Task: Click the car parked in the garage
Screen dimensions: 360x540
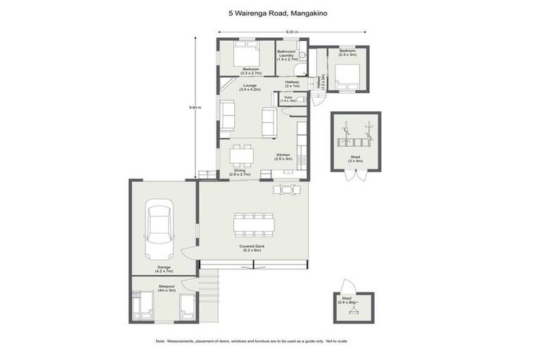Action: [159, 230]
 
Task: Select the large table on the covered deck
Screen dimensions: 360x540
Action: [254, 224]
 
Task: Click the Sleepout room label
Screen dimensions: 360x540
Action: [166, 288]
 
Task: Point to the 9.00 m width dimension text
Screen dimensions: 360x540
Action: [291, 32]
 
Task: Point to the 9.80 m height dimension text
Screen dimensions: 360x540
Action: [195, 108]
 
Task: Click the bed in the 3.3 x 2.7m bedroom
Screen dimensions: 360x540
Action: [246, 54]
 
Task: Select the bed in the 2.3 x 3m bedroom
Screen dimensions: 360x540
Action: [348, 74]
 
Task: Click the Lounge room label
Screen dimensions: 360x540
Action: [250, 86]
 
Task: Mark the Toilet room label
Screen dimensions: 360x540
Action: [288, 99]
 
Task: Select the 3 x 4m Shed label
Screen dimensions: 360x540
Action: [356, 158]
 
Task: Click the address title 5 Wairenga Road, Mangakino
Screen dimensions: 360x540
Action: [270, 12]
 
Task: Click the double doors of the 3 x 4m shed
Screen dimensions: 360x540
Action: [356, 174]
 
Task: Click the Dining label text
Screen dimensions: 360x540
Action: [240, 172]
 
